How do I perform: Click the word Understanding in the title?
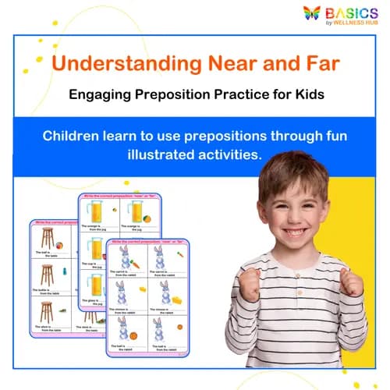[x=124, y=62]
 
